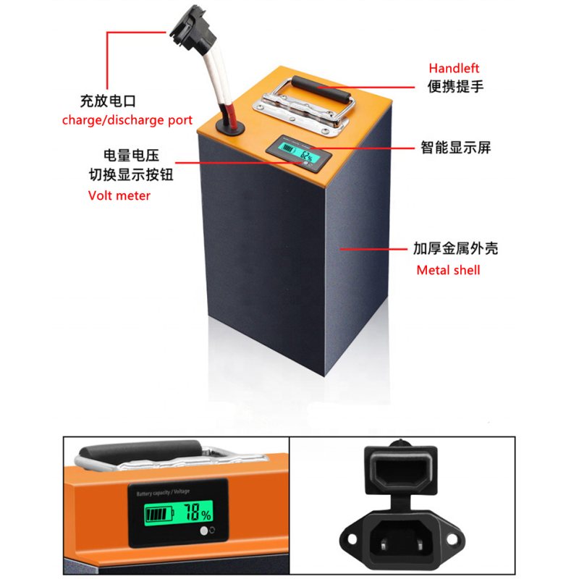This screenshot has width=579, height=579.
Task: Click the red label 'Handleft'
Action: coord(454,69)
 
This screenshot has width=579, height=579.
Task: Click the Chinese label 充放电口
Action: coord(108,101)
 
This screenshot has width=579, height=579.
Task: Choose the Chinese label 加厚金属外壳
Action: coord(455,249)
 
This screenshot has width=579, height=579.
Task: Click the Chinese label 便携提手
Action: coord(455,86)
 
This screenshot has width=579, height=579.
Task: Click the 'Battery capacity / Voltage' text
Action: coord(169,493)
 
